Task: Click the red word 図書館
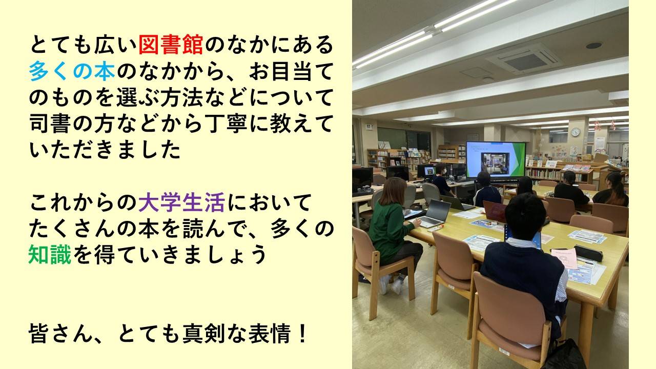pos(171,45)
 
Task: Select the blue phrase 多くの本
pos(72,71)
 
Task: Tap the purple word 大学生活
pos(181,202)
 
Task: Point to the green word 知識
pos(50,255)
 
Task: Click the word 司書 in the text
pos(50,124)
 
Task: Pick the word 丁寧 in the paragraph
pos(225,124)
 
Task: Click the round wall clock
pos(576,132)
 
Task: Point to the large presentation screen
pos(496,159)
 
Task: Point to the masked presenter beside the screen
pos(442,179)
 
